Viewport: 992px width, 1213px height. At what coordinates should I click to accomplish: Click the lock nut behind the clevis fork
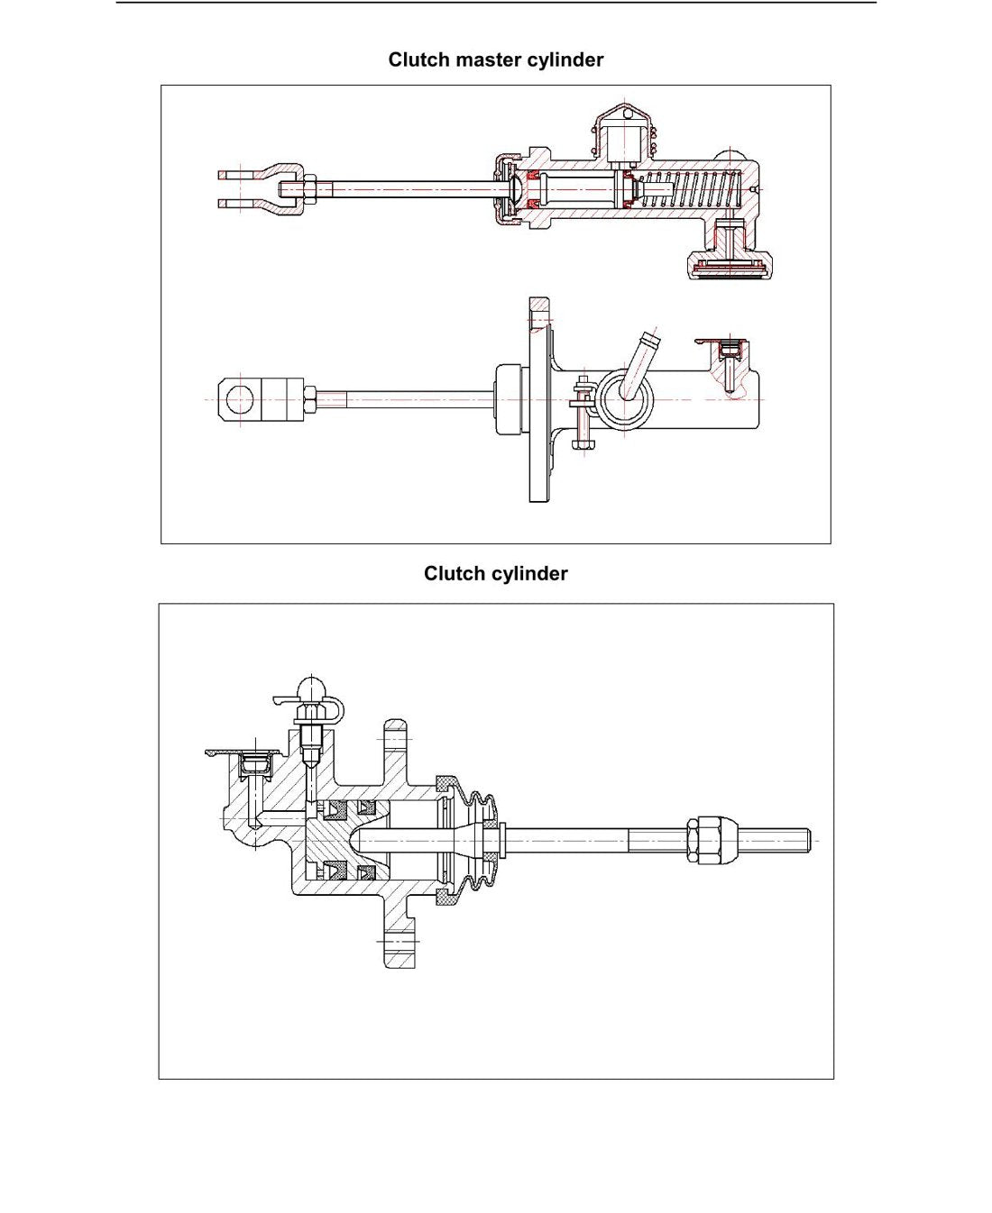(309, 188)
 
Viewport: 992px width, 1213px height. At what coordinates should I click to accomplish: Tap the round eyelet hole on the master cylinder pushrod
(240, 400)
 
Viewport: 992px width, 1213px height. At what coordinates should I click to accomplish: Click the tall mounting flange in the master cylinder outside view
(539, 399)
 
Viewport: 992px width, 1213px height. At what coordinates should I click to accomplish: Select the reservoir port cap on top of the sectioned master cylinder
(625, 133)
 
